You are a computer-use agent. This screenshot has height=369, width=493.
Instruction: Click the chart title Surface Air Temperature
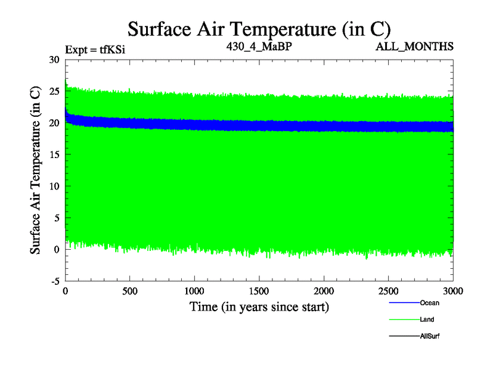point(259,28)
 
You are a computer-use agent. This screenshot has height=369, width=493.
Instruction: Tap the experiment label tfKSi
point(99,48)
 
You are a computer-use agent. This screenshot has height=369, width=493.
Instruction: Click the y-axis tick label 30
point(54,60)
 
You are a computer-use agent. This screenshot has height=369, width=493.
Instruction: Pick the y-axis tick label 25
point(54,92)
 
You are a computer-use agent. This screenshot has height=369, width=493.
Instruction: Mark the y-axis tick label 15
point(54,155)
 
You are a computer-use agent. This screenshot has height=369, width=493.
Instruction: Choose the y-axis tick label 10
point(54,186)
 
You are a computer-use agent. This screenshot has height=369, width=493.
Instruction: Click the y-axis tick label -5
point(54,281)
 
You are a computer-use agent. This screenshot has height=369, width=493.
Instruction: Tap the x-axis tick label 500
point(130,291)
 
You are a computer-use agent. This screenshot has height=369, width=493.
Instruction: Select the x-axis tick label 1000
point(195,291)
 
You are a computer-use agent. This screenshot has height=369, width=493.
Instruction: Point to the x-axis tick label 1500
point(259,291)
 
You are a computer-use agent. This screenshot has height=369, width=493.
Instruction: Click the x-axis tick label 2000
point(324,291)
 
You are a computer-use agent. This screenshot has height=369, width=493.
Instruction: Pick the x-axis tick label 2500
point(388,291)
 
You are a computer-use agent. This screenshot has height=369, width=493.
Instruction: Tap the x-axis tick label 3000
point(452,291)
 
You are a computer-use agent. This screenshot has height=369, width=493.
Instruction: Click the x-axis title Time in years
point(259,307)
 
